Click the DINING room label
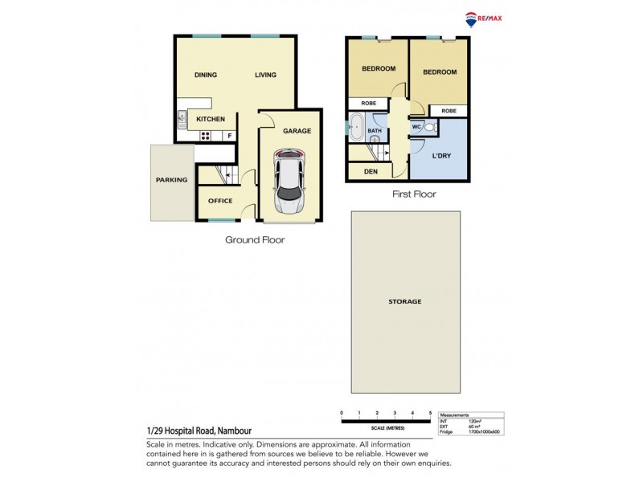point(207,76)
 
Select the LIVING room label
point(265,76)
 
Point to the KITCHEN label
point(211,119)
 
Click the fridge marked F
point(230,136)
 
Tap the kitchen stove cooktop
point(206,136)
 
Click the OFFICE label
point(220,201)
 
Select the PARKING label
point(171,180)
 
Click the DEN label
point(371,171)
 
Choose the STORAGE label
point(405,301)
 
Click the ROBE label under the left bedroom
point(369,104)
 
